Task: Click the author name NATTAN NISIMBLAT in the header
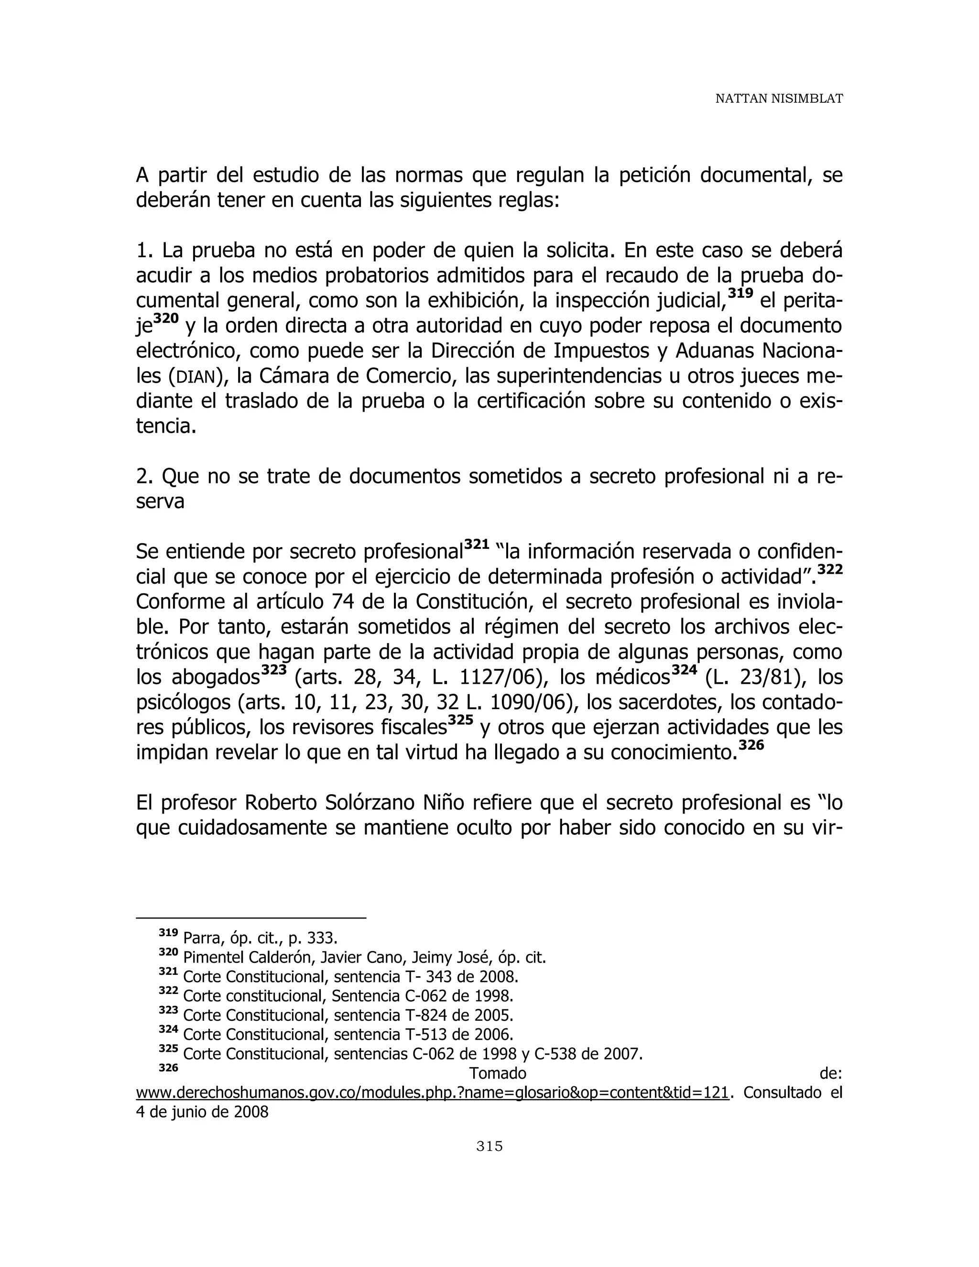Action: point(778,99)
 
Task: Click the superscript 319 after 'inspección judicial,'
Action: point(740,294)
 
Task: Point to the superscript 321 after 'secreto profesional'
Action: point(477,545)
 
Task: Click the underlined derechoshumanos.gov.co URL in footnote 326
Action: point(432,1092)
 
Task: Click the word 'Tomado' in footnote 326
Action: point(497,1073)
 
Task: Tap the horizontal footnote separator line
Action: point(250,918)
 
